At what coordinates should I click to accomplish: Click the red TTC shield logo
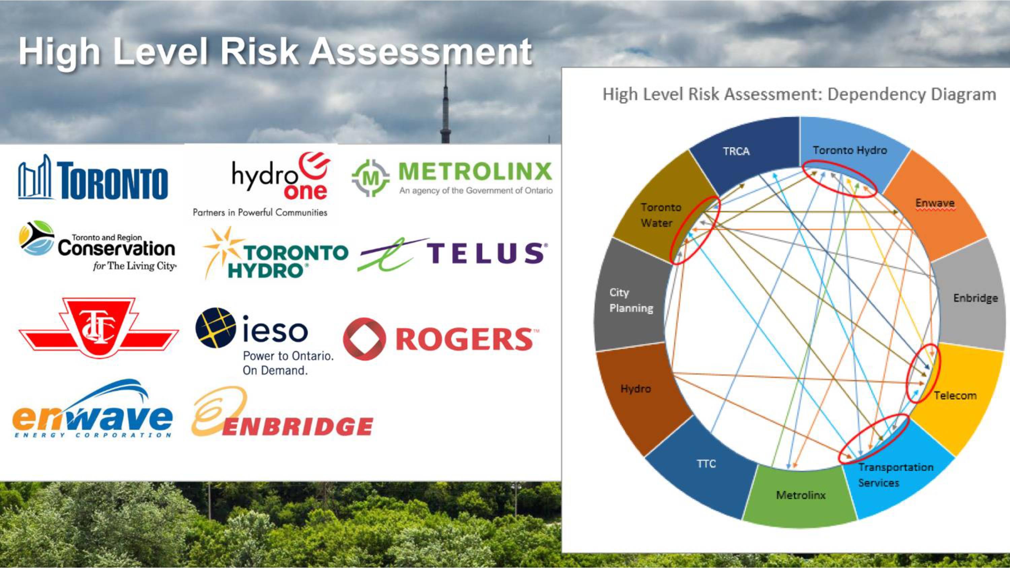pos(98,327)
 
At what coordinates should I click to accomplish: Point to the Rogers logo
pos(441,339)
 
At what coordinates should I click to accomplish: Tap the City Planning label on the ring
pos(631,300)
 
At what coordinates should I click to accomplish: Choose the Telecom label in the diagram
pos(955,395)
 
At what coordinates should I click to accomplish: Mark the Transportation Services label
pos(896,475)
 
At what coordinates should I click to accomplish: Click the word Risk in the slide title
pos(259,52)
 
